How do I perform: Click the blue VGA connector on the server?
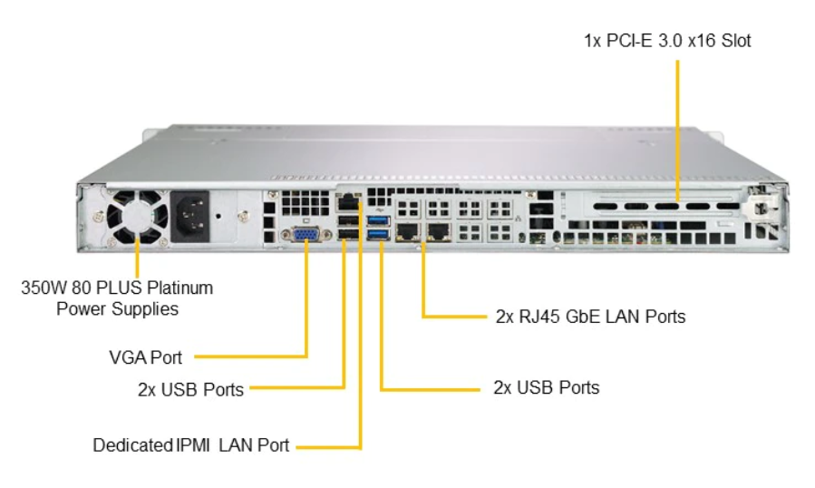[x=306, y=236]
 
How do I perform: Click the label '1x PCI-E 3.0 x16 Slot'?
[x=667, y=41]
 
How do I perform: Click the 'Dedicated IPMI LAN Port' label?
[x=191, y=445]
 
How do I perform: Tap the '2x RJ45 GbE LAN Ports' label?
[x=590, y=317]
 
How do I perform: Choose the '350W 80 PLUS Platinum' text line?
[x=117, y=288]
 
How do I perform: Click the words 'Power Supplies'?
[x=117, y=308]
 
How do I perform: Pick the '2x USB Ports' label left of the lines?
[x=190, y=389]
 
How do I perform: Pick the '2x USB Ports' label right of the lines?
[x=546, y=387]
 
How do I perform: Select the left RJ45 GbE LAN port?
[x=409, y=230]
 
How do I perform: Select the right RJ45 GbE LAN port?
[x=439, y=230]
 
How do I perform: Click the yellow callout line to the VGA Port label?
[x=306, y=308]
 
